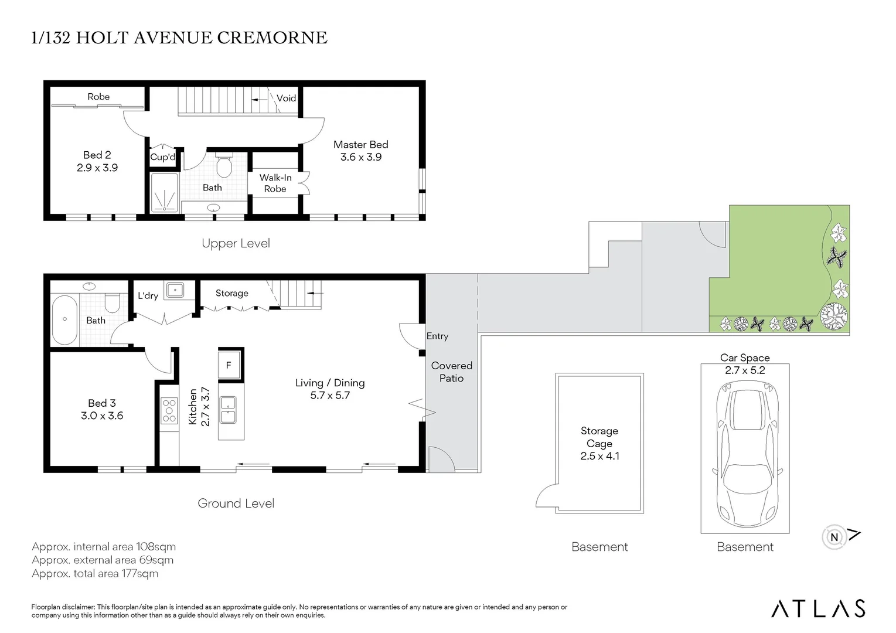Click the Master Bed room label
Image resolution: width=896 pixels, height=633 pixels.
pyautogui.click(x=361, y=144)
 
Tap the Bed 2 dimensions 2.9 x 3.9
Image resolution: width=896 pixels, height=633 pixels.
pyautogui.click(x=97, y=168)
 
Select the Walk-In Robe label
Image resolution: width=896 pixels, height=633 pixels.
pyautogui.click(x=275, y=183)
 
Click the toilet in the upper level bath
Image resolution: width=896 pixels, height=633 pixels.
pyautogui.click(x=224, y=165)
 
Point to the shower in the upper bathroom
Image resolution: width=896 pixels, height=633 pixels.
pyautogui.click(x=165, y=192)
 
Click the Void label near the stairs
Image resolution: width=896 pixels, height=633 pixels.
pyautogui.click(x=287, y=98)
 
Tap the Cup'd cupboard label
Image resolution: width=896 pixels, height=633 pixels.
pyautogui.click(x=162, y=157)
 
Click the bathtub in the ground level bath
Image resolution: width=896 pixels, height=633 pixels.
pyautogui.click(x=65, y=319)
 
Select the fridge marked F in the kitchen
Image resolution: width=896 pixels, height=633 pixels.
pyautogui.click(x=229, y=365)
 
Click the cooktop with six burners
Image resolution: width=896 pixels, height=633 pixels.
pyautogui.click(x=169, y=410)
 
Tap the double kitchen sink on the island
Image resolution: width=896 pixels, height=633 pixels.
pyautogui.click(x=228, y=410)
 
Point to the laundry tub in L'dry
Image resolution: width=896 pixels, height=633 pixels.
pyautogui.click(x=175, y=290)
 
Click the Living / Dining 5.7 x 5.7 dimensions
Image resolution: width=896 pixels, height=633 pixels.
pyautogui.click(x=330, y=395)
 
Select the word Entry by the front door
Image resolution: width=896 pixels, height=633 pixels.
pyautogui.click(x=437, y=336)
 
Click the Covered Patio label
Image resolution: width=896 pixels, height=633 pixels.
pyautogui.click(x=452, y=372)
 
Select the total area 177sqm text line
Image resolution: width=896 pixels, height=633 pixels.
pyautogui.click(x=95, y=573)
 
